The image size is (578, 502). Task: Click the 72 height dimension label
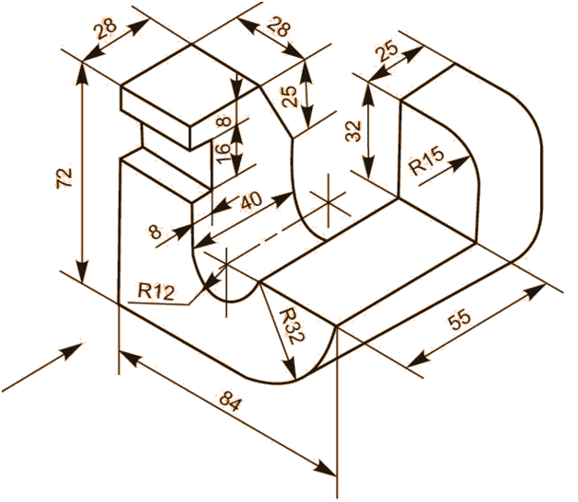[64, 178]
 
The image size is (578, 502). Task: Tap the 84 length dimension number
[231, 401]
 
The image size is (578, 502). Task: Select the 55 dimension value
[459, 319]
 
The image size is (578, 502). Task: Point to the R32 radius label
[292, 326]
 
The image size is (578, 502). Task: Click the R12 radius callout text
[156, 291]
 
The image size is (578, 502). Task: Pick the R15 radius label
[427, 161]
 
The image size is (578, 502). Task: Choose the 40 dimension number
[251, 200]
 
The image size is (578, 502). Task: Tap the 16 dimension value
[223, 154]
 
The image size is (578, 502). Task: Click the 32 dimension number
[353, 131]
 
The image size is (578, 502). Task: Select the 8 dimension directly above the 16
[224, 121]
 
